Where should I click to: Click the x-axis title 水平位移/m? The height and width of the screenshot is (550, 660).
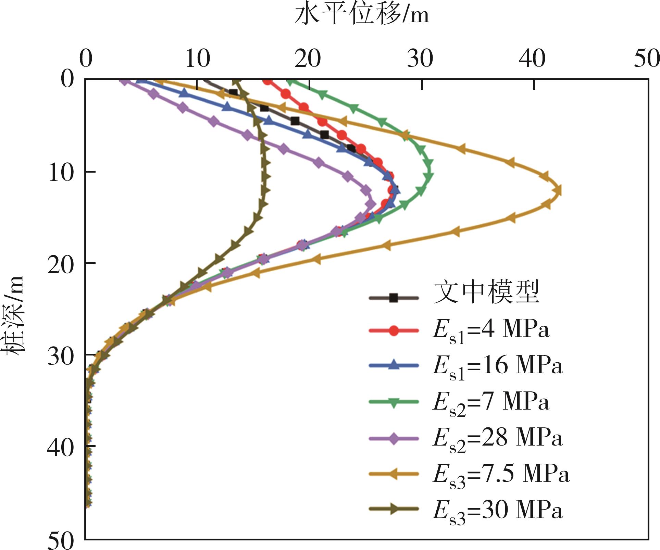pos(361,15)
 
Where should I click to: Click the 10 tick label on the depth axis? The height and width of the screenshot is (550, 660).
pos(61,172)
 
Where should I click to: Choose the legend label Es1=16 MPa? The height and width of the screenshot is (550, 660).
pos(497,367)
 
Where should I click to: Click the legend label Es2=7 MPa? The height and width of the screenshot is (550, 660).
pos(490,403)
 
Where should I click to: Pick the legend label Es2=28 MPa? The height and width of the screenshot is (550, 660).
pos(497,439)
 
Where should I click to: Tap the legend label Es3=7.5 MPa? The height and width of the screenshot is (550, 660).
pos(501,475)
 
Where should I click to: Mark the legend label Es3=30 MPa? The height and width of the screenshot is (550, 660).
pos(497,511)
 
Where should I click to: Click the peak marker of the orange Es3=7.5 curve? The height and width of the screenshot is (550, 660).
pos(558,190)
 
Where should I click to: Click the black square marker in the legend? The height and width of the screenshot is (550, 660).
pos(394,298)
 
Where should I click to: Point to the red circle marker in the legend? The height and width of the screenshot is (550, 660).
pos(394,331)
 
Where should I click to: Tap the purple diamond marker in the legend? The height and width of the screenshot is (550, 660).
pos(394,439)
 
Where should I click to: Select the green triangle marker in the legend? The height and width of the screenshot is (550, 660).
pos(394,403)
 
